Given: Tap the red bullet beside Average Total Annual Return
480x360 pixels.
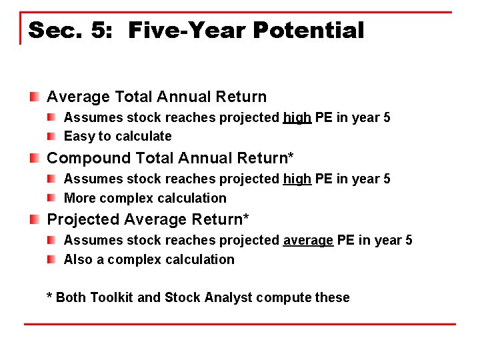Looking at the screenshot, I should pyautogui.click(x=34, y=97).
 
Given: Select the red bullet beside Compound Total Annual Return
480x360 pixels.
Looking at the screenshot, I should pyautogui.click(x=34, y=159).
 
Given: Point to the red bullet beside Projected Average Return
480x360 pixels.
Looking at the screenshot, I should pyautogui.click(x=34, y=220).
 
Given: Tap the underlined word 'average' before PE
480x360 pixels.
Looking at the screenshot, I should pyautogui.click(x=308, y=241).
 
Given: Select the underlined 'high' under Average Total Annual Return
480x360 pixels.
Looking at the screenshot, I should pyautogui.click(x=297, y=118).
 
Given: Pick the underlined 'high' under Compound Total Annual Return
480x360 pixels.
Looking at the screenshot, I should pyautogui.click(x=297, y=179).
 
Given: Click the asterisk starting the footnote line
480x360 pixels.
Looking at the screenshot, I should pyautogui.click(x=49, y=295).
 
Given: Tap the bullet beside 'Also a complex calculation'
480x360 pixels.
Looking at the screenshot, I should pyautogui.click(x=51, y=259).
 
